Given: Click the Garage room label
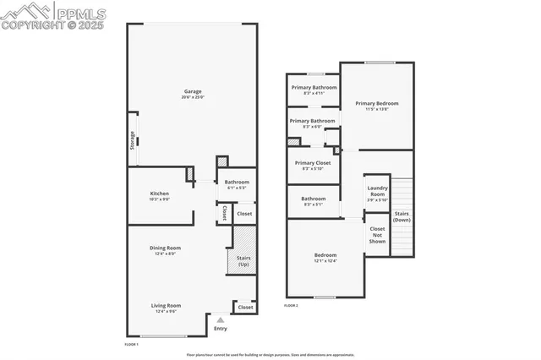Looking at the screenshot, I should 193,94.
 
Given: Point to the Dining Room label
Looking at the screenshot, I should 167,249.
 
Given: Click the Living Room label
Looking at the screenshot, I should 167,308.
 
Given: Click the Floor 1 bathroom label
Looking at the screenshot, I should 237,184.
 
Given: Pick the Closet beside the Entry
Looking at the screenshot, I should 245,307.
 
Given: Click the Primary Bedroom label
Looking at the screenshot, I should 376,106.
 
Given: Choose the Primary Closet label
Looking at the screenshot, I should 313,165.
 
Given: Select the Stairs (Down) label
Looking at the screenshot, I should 402,215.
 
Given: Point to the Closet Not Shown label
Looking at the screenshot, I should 377,235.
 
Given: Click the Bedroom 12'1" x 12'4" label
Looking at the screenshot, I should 325,257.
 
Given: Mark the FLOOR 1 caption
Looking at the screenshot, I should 131,345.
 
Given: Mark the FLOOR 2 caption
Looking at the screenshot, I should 292,304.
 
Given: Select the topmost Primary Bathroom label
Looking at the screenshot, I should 314,90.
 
